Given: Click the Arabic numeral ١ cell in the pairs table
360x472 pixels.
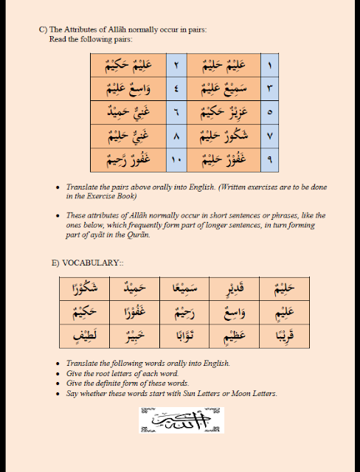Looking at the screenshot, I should [x=269, y=66].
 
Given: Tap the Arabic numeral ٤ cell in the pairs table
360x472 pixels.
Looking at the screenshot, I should [x=176, y=89].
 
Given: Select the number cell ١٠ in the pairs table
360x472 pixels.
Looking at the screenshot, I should [x=176, y=160].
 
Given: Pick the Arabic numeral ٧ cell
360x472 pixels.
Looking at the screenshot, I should [x=269, y=136].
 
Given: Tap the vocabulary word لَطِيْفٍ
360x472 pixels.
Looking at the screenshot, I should [x=83, y=336].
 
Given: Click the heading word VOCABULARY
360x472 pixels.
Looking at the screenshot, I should [x=83, y=262].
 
